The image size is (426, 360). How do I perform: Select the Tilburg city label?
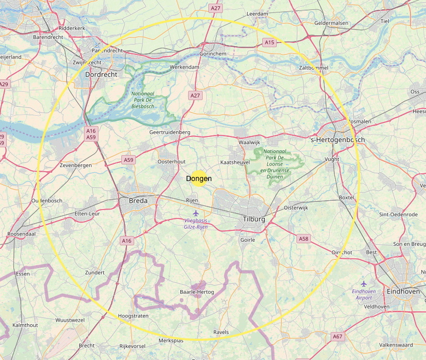pyautogui.click(x=254, y=219)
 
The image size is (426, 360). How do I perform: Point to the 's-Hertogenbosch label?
pyautogui.click(x=337, y=140)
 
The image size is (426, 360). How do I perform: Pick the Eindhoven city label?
pyautogui.click(x=403, y=292)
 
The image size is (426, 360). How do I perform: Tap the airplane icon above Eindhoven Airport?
pyautogui.click(x=364, y=284)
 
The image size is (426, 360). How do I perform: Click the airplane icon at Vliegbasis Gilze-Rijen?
pyautogui.click(x=195, y=213)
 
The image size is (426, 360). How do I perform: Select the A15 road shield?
pyautogui.click(x=268, y=43)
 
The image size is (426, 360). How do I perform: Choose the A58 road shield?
pyautogui.click(x=304, y=239)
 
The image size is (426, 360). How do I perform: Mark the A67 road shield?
pyautogui.click(x=338, y=337)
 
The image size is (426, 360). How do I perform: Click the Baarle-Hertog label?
pyautogui.click(x=197, y=293)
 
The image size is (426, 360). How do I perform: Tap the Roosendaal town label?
pyautogui.click(x=21, y=234)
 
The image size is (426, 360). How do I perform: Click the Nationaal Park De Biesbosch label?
pyautogui.click(x=143, y=100)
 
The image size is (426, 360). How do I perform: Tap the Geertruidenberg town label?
pyautogui.click(x=169, y=133)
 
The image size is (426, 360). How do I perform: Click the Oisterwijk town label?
pyautogui.click(x=296, y=208)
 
